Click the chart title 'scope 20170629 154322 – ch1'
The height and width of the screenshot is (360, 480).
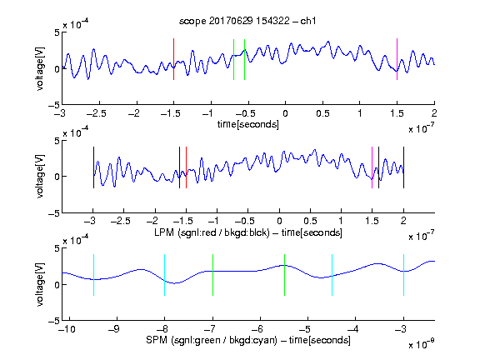click(x=247, y=21)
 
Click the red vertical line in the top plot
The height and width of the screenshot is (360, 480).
click(x=173, y=59)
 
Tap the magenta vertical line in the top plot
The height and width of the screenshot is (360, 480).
click(x=397, y=59)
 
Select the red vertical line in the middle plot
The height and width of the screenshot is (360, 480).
click(x=186, y=167)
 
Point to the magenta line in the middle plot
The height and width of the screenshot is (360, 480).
click(x=372, y=167)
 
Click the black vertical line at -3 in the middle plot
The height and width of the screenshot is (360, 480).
click(x=93, y=167)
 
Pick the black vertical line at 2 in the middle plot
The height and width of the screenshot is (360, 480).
click(x=403, y=167)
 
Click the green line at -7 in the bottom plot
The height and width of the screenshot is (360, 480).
click(x=212, y=275)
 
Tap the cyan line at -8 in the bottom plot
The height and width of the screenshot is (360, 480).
click(x=164, y=275)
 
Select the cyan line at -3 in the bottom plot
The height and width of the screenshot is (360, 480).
click(x=403, y=275)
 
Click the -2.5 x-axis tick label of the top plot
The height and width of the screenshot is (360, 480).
click(x=96, y=113)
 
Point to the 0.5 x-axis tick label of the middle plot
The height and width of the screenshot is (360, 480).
click(x=310, y=221)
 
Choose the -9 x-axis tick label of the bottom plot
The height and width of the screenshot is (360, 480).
click(x=114, y=329)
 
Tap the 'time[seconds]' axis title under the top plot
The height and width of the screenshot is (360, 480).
click(x=248, y=124)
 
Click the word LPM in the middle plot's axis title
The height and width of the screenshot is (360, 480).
click(x=164, y=232)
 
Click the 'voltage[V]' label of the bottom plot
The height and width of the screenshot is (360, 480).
click(x=40, y=284)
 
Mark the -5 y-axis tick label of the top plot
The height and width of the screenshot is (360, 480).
click(x=54, y=105)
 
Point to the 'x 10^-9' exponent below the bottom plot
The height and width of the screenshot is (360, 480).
click(x=422, y=344)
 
